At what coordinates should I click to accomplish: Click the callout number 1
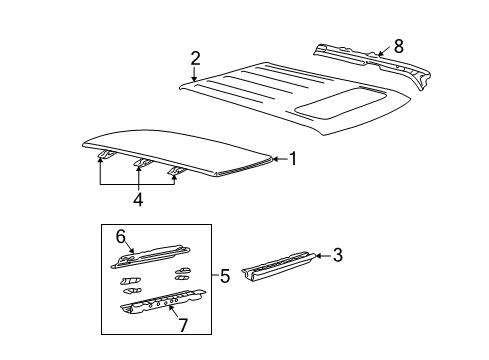tap(293, 157)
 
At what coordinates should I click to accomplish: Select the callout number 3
tap(338, 257)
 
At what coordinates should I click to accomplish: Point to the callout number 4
tap(138, 200)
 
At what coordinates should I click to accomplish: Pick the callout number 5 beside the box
tap(224, 275)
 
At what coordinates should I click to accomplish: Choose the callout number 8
tap(399, 45)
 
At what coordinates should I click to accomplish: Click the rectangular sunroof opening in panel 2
tap(340, 101)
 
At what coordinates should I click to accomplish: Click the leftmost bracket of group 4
tap(104, 154)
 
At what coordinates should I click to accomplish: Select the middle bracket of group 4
tap(142, 163)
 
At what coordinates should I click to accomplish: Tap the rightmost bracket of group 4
tap(178, 172)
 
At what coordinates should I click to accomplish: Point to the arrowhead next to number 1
tap(275, 158)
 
